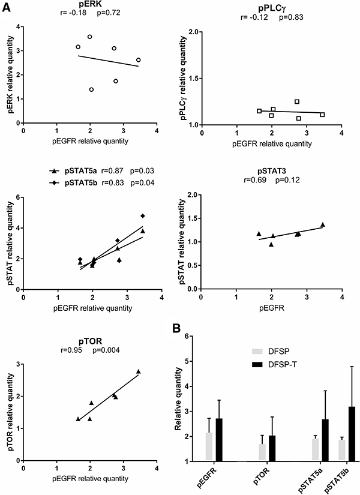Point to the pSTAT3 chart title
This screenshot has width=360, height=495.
pyautogui.click(x=271, y=170)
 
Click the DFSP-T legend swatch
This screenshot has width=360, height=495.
pyautogui.click(x=242, y=363)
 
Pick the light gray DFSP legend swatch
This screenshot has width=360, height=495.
pyautogui.click(x=242, y=352)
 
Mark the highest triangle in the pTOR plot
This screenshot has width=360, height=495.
pyautogui.click(x=139, y=371)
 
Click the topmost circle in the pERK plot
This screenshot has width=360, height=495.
pyautogui.click(x=89, y=37)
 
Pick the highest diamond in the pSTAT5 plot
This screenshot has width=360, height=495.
pyautogui.click(x=143, y=216)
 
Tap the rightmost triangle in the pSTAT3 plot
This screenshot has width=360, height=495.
pyautogui.click(x=323, y=224)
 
